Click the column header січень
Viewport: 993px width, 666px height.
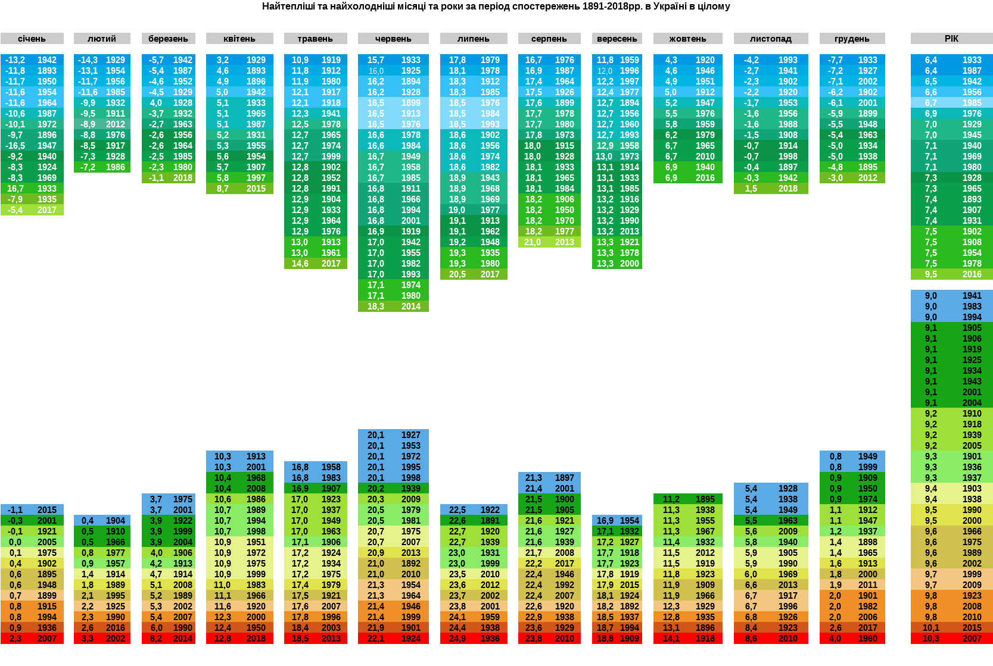point(32,39)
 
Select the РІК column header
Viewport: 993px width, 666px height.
point(951,39)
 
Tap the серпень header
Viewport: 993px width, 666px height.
point(549,39)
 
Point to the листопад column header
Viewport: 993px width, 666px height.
point(770,39)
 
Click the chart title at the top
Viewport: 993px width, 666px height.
point(496,7)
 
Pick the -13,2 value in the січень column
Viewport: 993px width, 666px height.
point(15,60)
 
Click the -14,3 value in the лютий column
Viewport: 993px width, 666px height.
point(88,60)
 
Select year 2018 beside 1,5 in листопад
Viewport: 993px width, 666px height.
point(787,189)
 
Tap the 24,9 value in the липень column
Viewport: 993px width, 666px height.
point(457,639)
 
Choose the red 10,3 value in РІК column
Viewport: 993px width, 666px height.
point(930,639)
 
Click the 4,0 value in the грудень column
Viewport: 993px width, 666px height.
point(836,639)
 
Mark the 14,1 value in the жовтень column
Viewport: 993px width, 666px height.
point(671,639)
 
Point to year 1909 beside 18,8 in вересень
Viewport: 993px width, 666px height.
point(629,639)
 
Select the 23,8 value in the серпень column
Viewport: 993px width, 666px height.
point(533,639)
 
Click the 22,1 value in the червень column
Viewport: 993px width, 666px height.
point(375,639)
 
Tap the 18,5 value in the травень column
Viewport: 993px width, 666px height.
point(300,639)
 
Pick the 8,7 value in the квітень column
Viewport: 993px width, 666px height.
point(223,189)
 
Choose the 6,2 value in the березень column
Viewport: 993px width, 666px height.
point(156,639)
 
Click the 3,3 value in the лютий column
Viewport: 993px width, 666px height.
point(88,639)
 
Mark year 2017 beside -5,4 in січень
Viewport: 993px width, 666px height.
point(46,210)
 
